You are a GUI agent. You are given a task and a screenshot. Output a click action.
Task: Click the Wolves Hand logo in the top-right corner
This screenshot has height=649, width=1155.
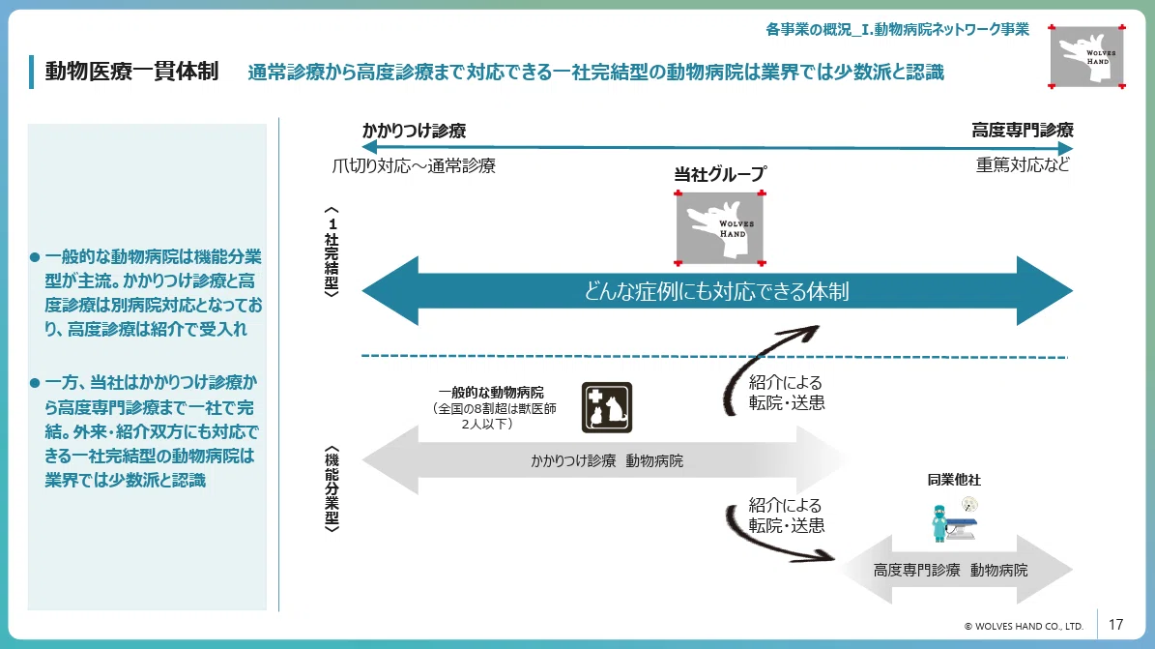pyautogui.click(x=1086, y=57)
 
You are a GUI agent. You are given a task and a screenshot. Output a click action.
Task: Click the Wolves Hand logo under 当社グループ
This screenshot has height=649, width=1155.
pyautogui.click(x=720, y=228)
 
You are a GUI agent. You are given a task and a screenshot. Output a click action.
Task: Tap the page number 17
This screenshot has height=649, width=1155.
pyautogui.click(x=1116, y=625)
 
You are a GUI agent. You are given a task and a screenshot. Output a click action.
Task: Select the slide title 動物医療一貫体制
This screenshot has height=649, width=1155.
pyautogui.click(x=131, y=71)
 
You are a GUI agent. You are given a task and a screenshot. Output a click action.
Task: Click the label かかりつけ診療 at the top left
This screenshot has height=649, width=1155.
pyautogui.click(x=414, y=131)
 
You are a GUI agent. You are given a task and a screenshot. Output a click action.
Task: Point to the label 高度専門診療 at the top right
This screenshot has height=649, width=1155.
pyautogui.click(x=1023, y=130)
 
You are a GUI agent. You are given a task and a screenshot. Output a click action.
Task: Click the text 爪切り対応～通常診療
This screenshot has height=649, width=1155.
pyautogui.click(x=414, y=165)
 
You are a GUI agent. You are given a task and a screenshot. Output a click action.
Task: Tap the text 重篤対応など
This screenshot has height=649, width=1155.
pyautogui.click(x=1024, y=164)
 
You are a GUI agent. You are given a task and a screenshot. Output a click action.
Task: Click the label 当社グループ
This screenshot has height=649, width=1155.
pyautogui.click(x=720, y=174)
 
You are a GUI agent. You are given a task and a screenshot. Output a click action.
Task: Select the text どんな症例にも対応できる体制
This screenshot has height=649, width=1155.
pyautogui.click(x=717, y=291)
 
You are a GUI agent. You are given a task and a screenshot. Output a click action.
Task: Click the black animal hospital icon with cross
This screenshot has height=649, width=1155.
pyautogui.click(x=607, y=407)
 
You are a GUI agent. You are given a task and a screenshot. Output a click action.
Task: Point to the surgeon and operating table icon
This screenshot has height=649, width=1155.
pyautogui.click(x=955, y=519)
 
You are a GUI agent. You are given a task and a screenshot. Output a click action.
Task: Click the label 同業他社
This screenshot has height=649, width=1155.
pyautogui.click(x=954, y=480)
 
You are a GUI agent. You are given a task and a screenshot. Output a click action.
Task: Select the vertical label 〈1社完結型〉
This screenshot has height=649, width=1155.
pyautogui.click(x=332, y=251)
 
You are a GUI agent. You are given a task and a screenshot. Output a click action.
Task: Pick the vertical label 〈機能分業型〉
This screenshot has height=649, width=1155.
pyautogui.click(x=332, y=488)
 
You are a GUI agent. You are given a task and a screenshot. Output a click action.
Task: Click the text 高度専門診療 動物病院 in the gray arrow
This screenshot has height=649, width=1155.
pyautogui.click(x=950, y=570)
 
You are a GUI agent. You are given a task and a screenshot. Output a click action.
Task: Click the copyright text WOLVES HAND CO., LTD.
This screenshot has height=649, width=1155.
pyautogui.click(x=1024, y=626)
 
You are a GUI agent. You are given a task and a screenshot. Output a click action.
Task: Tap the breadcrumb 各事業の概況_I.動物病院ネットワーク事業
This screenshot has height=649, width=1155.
pyautogui.click(x=897, y=29)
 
